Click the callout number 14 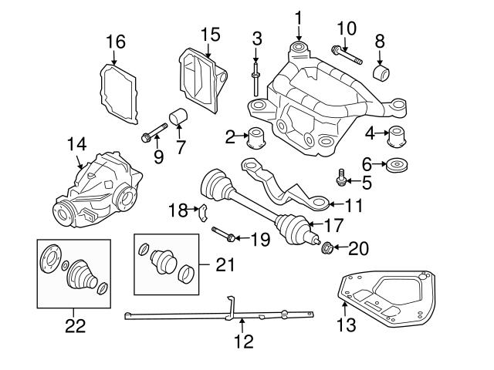tap(76, 144)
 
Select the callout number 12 tap(243, 341)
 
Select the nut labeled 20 tap(327, 248)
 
